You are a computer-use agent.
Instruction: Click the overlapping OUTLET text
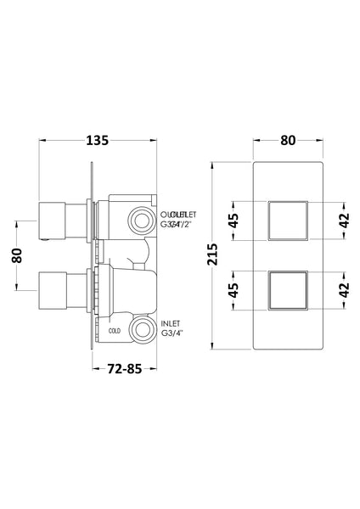[177, 213]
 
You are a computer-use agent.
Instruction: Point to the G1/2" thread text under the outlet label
[177, 226]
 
